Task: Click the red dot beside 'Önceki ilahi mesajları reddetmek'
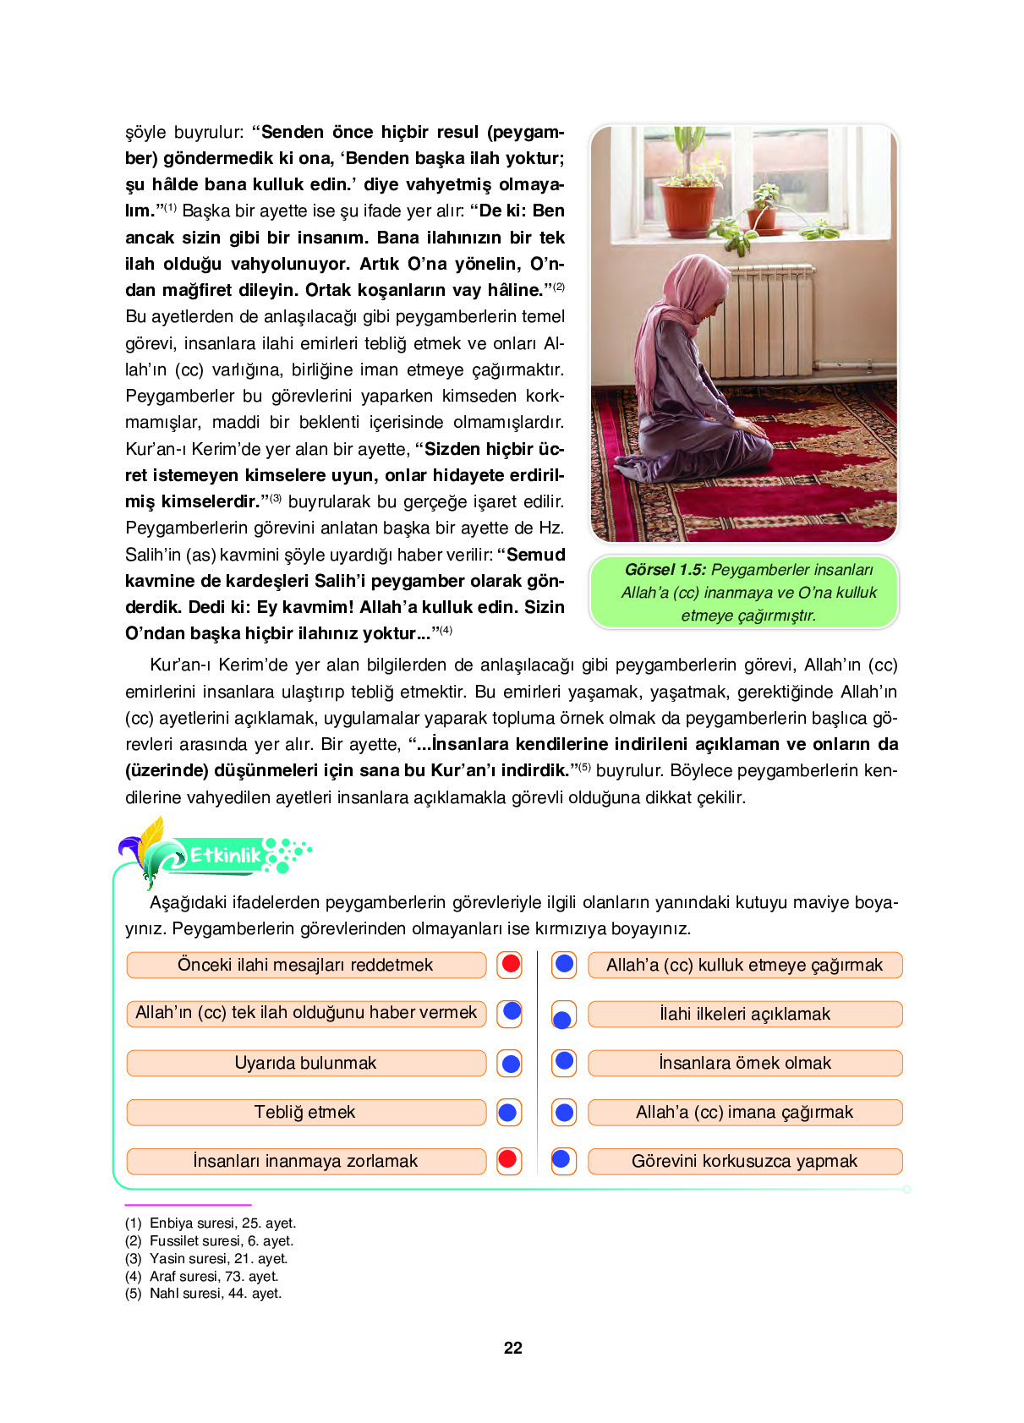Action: pyautogui.click(x=510, y=964)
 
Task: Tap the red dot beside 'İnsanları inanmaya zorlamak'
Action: pyautogui.click(x=508, y=1159)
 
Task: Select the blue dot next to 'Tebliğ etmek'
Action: pyautogui.click(x=508, y=1112)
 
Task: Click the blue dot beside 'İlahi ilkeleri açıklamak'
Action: pyautogui.click(x=562, y=1019)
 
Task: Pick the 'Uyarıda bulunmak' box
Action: pyautogui.click(x=306, y=1063)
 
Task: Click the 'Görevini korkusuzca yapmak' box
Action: pyautogui.click(x=744, y=1161)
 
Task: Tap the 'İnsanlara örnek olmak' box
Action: pyautogui.click(x=744, y=1063)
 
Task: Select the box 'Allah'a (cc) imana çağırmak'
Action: pyautogui.click(x=744, y=1112)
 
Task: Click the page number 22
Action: pyautogui.click(x=512, y=1348)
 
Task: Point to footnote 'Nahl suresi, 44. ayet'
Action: pyautogui.click(x=215, y=1293)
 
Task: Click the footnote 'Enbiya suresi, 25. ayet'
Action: pyautogui.click(x=222, y=1223)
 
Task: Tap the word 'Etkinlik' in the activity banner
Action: pyautogui.click(x=225, y=855)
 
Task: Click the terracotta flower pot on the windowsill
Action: pyautogui.click(x=687, y=209)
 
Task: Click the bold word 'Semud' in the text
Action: pyautogui.click(x=535, y=555)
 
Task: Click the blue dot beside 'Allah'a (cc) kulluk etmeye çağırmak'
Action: pyautogui.click(x=564, y=964)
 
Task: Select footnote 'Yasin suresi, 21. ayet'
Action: pyautogui.click(x=218, y=1258)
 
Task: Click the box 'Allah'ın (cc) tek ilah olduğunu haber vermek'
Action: pyautogui.click(x=306, y=1013)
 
